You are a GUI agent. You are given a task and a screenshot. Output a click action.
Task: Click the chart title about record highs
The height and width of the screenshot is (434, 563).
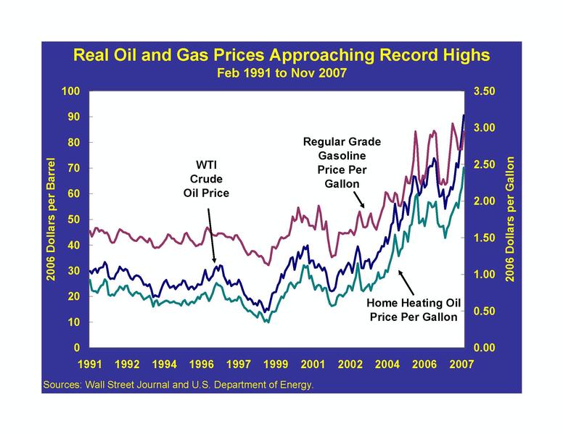(281, 56)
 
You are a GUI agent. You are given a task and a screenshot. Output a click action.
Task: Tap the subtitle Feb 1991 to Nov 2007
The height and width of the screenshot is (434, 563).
(281, 72)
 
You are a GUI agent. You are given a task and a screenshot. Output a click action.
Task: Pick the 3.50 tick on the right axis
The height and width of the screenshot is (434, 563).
(484, 91)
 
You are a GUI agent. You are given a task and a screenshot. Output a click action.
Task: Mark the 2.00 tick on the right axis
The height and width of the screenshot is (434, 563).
(484, 201)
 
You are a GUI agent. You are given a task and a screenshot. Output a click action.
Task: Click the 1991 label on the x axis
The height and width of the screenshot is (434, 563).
(90, 364)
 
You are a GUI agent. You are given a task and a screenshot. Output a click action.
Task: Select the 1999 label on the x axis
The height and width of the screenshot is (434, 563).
(275, 364)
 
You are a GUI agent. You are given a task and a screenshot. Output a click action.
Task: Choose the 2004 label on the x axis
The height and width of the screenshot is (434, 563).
(387, 364)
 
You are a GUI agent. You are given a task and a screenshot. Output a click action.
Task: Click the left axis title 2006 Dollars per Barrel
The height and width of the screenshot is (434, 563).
(52, 220)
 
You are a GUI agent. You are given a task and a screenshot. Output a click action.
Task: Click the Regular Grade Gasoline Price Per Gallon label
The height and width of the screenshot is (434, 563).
(341, 162)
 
